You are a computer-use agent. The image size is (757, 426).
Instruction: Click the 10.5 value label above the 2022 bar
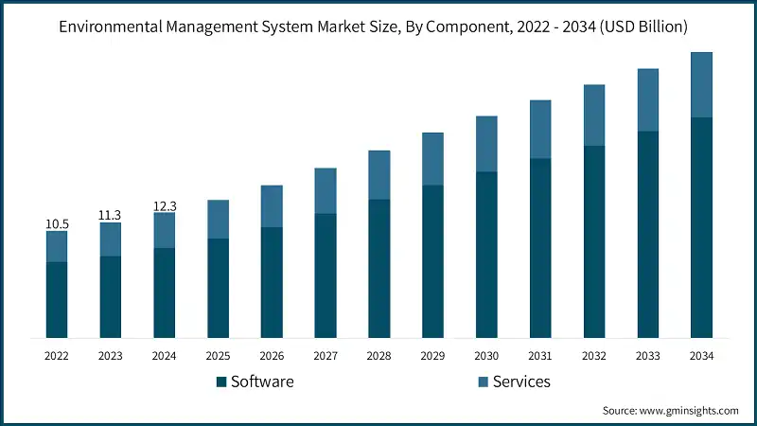tap(57, 224)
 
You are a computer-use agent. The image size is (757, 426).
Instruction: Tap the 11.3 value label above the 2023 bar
tap(111, 215)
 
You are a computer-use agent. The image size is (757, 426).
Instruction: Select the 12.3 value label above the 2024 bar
tap(165, 205)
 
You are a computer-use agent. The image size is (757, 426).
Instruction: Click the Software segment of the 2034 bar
tap(701, 227)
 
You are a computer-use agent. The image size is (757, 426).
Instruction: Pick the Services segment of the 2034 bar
tap(701, 85)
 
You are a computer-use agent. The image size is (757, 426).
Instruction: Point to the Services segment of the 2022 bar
tap(57, 246)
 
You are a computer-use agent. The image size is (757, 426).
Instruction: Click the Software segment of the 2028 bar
tap(379, 268)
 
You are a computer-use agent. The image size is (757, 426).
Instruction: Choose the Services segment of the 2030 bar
tap(486, 144)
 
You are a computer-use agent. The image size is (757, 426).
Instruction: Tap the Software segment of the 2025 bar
tap(218, 288)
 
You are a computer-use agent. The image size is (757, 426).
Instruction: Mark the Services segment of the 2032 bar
tap(594, 115)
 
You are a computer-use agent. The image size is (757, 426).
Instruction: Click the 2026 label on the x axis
tap(272, 356)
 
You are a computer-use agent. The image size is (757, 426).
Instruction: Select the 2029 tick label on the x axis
tap(432, 356)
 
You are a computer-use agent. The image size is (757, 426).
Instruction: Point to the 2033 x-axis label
tap(647, 356)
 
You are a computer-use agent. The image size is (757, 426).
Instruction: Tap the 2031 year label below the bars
tap(540, 356)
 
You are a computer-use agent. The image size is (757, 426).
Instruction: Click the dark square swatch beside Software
tap(221, 382)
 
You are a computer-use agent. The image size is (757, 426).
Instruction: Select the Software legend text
tap(262, 382)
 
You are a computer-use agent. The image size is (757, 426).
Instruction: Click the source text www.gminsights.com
tap(688, 411)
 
